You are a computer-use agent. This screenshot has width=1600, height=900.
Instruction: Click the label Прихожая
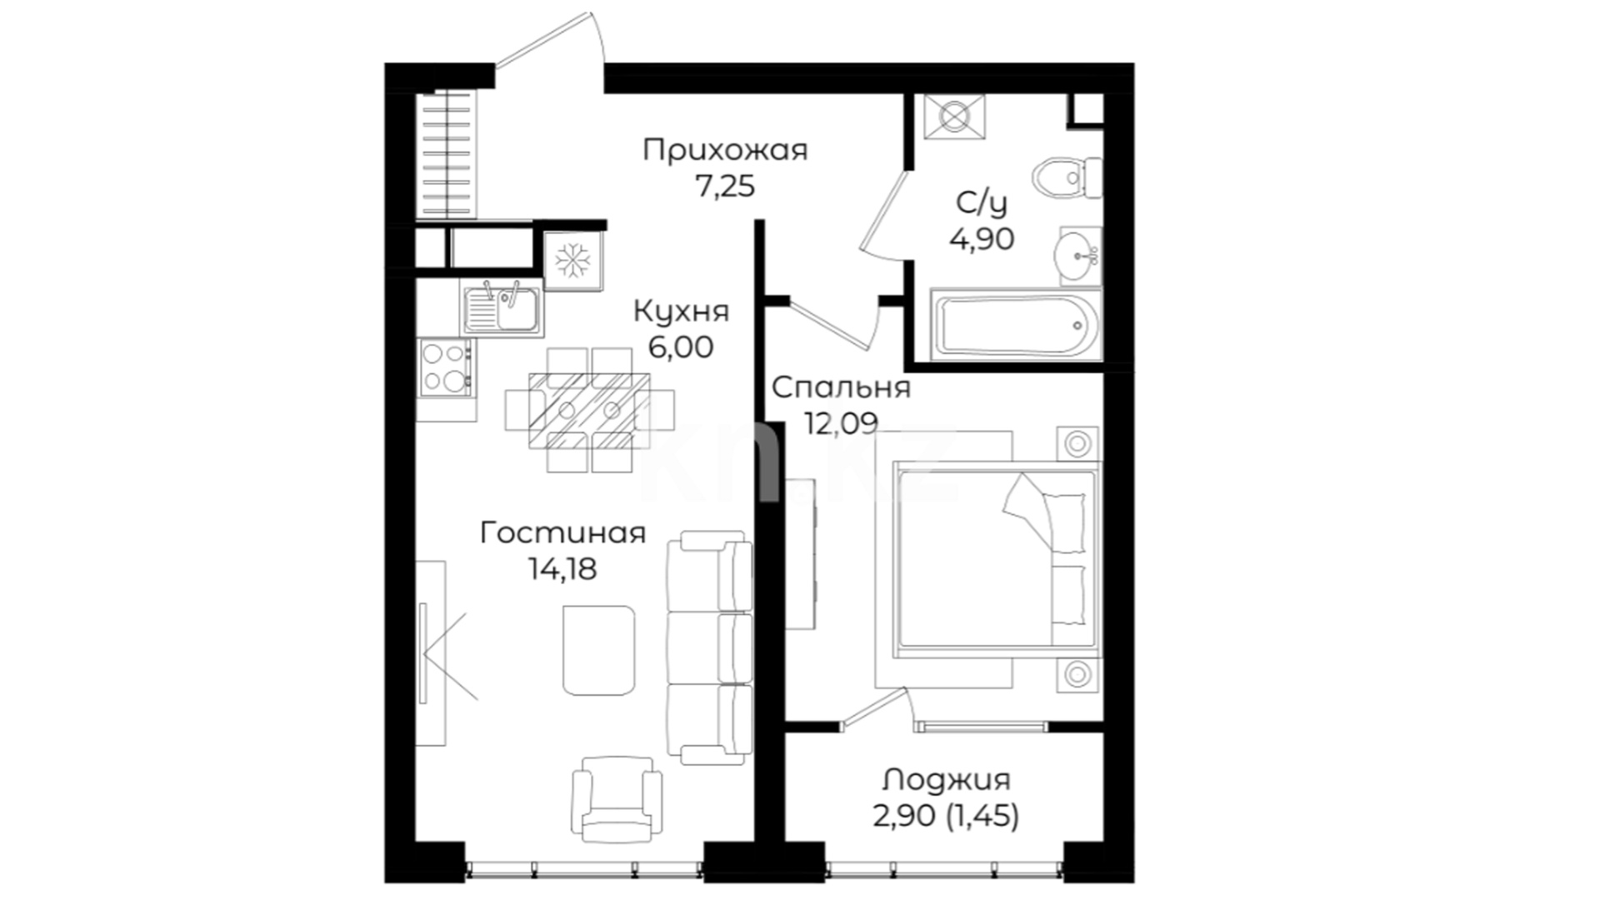tap(725, 151)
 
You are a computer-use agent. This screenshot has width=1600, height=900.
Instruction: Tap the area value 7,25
tap(725, 187)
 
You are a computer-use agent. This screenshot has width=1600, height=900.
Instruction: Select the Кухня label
tap(681, 312)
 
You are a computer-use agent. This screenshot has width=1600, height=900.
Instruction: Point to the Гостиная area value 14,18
tap(562, 568)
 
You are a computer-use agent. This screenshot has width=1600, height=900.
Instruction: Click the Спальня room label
tap(841, 388)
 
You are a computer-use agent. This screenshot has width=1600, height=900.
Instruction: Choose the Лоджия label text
tap(947, 780)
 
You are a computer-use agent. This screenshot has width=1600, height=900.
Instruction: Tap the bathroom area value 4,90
tap(982, 239)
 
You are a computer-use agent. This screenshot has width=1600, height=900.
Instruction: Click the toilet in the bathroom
tap(1067, 177)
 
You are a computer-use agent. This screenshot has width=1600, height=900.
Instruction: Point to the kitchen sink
tap(500, 307)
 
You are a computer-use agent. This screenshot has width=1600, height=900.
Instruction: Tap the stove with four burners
tap(446, 367)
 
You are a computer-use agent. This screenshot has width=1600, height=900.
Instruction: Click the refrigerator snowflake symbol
tap(572, 261)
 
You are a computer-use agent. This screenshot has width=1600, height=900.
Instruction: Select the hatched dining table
tap(589, 410)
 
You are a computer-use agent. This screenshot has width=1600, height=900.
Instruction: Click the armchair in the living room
tap(617, 798)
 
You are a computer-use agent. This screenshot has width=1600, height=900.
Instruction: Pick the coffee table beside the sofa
tap(598, 650)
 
